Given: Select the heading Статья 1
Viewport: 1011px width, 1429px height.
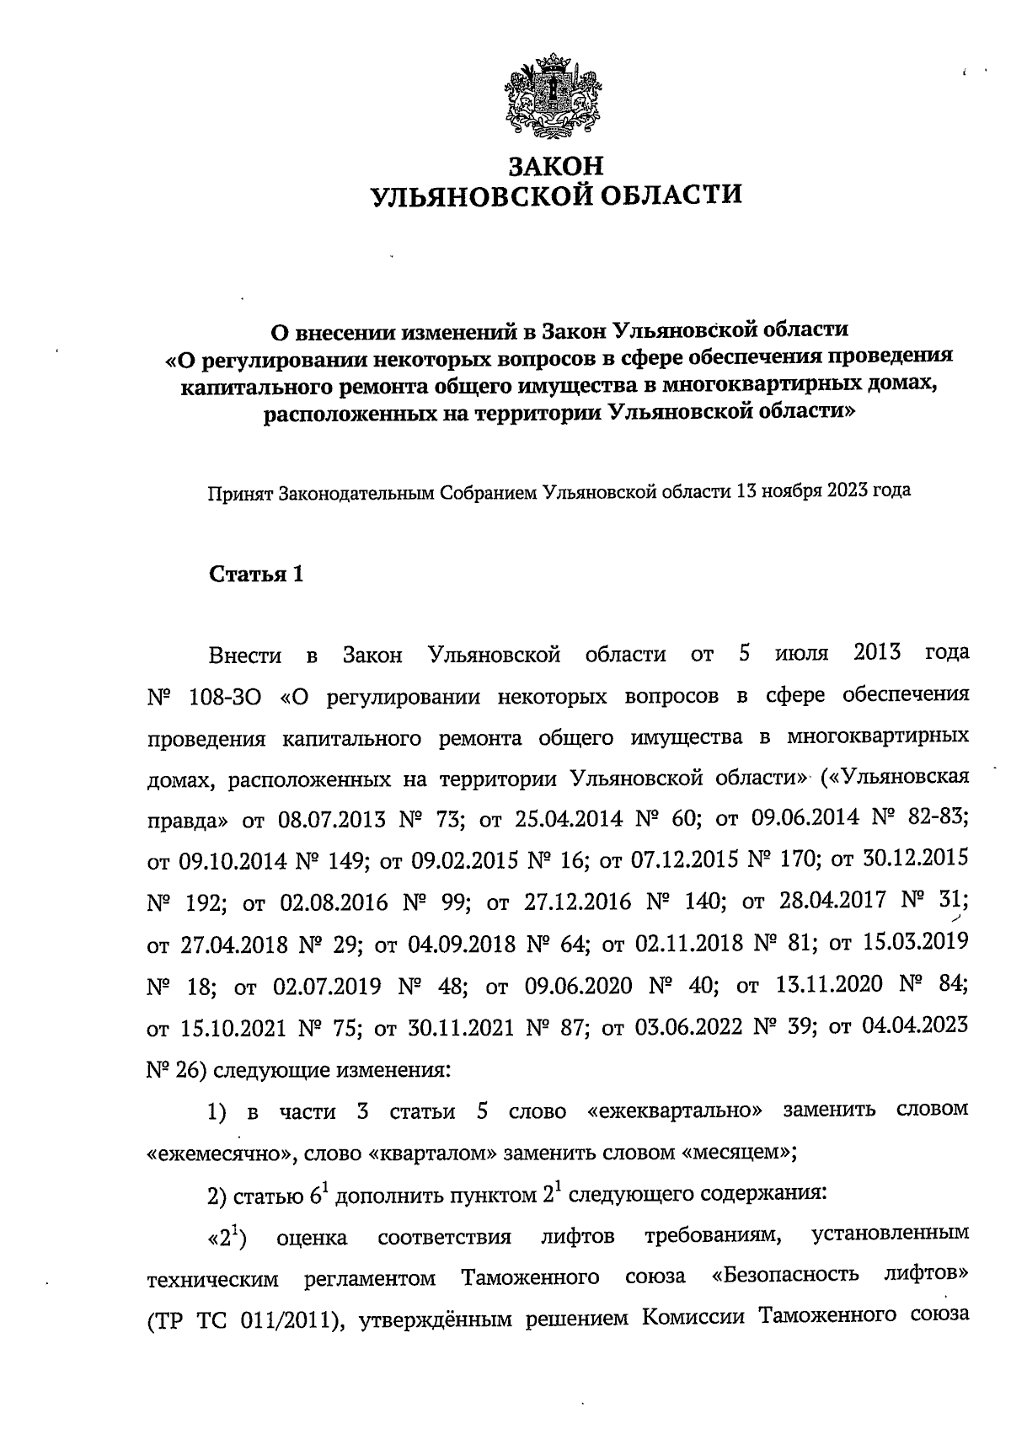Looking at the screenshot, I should coord(255,575).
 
